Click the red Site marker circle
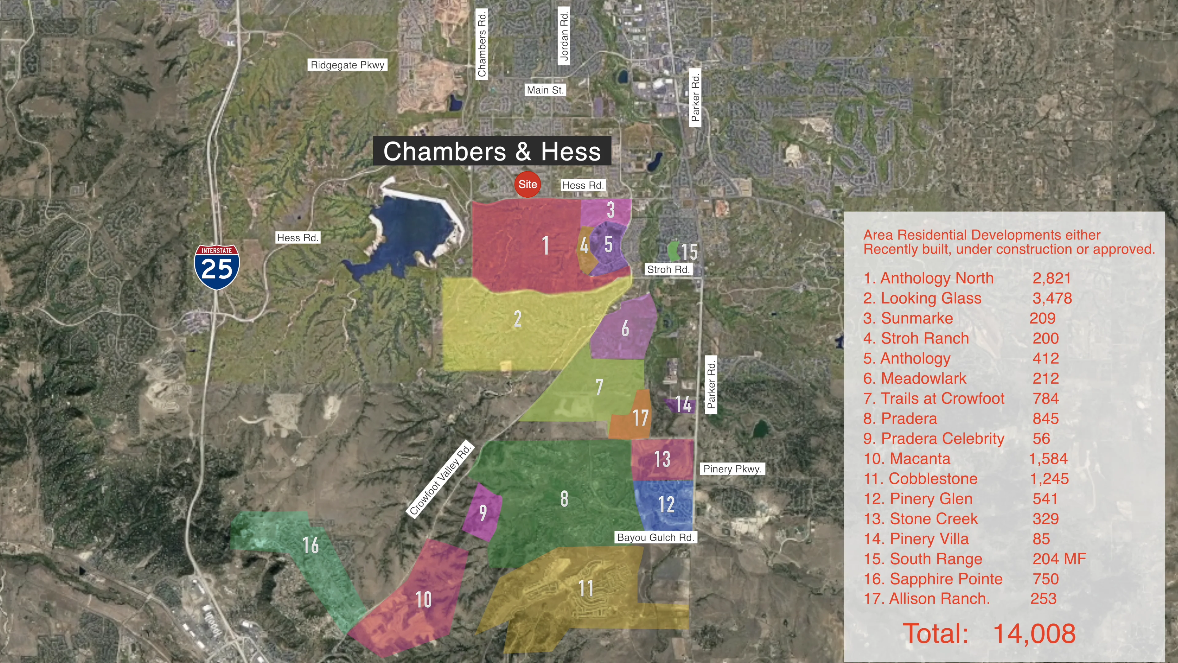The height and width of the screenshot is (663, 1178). pyautogui.click(x=527, y=184)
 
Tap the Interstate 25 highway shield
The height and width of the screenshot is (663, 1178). pyautogui.click(x=217, y=267)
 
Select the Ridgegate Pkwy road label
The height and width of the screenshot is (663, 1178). pyautogui.click(x=348, y=65)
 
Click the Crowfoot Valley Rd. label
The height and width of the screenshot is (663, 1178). pyautogui.click(x=440, y=479)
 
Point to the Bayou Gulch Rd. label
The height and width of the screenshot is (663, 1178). pyautogui.click(x=655, y=537)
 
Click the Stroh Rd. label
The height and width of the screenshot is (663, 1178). pyautogui.click(x=668, y=269)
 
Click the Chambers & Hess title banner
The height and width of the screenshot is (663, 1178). pyautogui.click(x=492, y=151)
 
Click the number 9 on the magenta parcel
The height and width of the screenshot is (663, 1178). pyautogui.click(x=483, y=513)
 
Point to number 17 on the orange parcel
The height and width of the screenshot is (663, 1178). pyautogui.click(x=640, y=418)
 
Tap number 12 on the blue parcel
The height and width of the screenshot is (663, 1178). pyautogui.click(x=666, y=504)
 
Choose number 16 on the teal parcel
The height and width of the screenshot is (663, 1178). pyautogui.click(x=310, y=545)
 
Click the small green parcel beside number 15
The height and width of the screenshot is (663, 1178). pyautogui.click(x=673, y=251)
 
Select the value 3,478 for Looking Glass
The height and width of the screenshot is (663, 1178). pyautogui.click(x=1052, y=298)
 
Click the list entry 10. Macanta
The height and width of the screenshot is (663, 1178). pyautogui.click(x=907, y=459)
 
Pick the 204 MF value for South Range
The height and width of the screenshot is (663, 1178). pyautogui.click(x=1059, y=559)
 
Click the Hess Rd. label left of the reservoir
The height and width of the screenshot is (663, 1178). pyautogui.click(x=298, y=238)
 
